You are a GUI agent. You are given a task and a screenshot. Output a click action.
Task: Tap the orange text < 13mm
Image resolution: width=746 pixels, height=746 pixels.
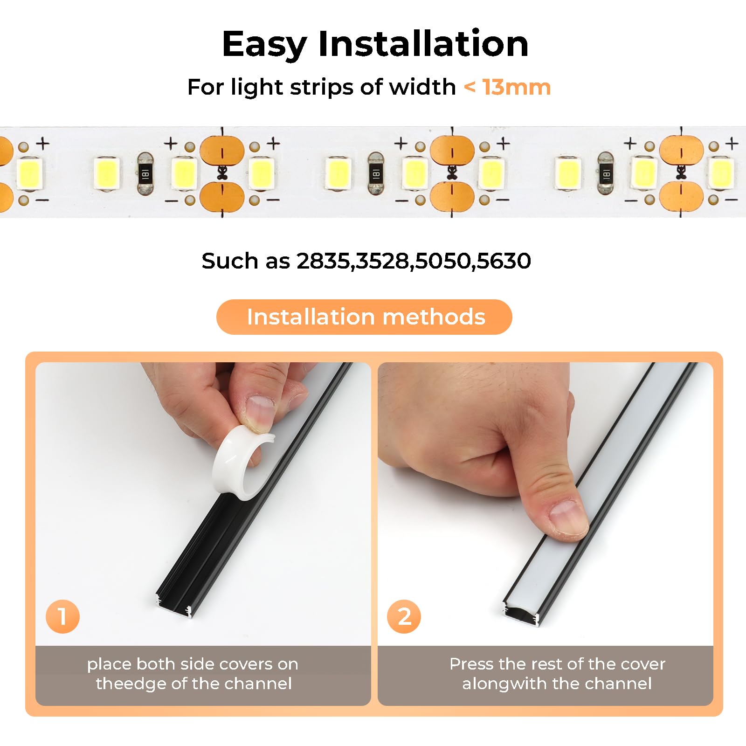pyautogui.click(x=507, y=87)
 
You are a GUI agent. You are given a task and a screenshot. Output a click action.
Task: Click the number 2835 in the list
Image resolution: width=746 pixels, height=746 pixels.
pyautogui.click(x=323, y=261)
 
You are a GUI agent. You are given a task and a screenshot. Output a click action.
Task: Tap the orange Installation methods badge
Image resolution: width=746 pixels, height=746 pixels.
pyautogui.click(x=364, y=317)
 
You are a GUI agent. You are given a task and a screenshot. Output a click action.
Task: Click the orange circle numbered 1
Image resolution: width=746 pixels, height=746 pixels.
pyautogui.click(x=62, y=616)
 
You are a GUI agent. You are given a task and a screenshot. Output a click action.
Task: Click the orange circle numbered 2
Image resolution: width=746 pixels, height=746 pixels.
pyautogui.click(x=404, y=616)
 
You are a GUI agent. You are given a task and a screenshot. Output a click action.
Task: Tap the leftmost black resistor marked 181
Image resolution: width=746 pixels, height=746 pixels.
pyautogui.click(x=145, y=174)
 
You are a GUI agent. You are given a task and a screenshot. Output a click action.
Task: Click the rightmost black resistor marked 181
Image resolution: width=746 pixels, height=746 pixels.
pyautogui.click(x=606, y=174)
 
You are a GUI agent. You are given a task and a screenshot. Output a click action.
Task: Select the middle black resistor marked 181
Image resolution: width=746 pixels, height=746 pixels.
pyautogui.click(x=376, y=174)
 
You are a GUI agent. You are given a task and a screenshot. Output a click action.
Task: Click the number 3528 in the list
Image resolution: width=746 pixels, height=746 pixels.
pyautogui.click(x=383, y=261)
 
